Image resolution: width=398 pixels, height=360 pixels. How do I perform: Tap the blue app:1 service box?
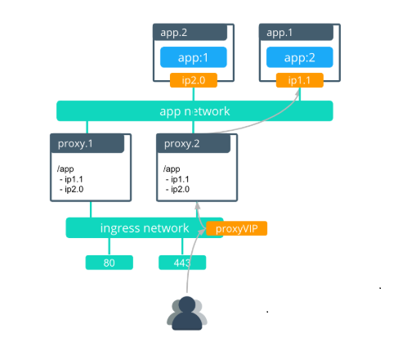click(193, 58)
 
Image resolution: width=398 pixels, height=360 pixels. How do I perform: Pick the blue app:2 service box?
click(299, 58)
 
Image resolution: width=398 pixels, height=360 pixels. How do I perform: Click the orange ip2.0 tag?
click(193, 80)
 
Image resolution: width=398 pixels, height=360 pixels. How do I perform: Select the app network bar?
click(195, 110)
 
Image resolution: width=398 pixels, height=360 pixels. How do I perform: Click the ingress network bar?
click(134, 227)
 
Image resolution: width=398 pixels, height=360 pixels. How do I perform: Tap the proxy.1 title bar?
click(87, 144)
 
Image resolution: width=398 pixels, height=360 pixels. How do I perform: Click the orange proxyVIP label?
click(237, 228)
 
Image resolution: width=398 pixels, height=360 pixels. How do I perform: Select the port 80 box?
click(109, 263)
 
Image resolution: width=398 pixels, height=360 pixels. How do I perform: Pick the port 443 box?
click(182, 263)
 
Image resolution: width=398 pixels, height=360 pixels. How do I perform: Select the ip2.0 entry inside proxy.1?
click(73, 189)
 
